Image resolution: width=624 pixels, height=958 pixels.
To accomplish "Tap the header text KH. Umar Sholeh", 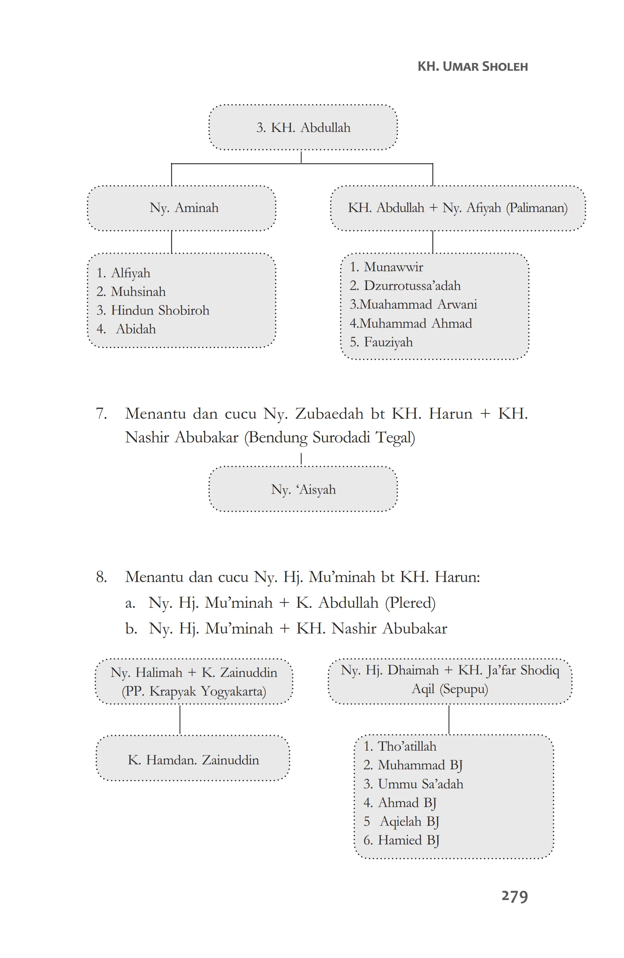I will click(472, 66).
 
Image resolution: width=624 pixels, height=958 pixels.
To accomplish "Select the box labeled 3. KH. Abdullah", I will click(303, 128).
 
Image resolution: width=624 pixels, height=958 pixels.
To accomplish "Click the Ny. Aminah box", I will click(182, 208).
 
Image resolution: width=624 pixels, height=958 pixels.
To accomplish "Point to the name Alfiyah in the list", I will click(130, 273).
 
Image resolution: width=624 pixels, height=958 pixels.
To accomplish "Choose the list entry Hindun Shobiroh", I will click(160, 310).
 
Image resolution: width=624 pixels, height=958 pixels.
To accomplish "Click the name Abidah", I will click(136, 329).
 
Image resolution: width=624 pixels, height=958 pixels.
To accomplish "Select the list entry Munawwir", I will click(393, 267).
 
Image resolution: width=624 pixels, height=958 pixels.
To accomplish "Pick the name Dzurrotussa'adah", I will click(412, 286).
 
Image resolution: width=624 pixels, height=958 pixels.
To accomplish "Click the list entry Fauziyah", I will click(388, 342).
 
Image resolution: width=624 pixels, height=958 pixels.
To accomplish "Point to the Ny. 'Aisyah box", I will click(303, 490).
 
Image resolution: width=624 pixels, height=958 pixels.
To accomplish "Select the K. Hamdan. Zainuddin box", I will click(193, 760).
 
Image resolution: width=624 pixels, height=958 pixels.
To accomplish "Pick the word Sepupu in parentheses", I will click(463, 689).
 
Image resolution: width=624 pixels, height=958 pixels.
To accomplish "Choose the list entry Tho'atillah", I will click(407, 746).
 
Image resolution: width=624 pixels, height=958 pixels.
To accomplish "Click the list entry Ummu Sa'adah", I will click(421, 784).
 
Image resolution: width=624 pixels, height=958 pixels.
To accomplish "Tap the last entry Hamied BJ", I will click(408, 841).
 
